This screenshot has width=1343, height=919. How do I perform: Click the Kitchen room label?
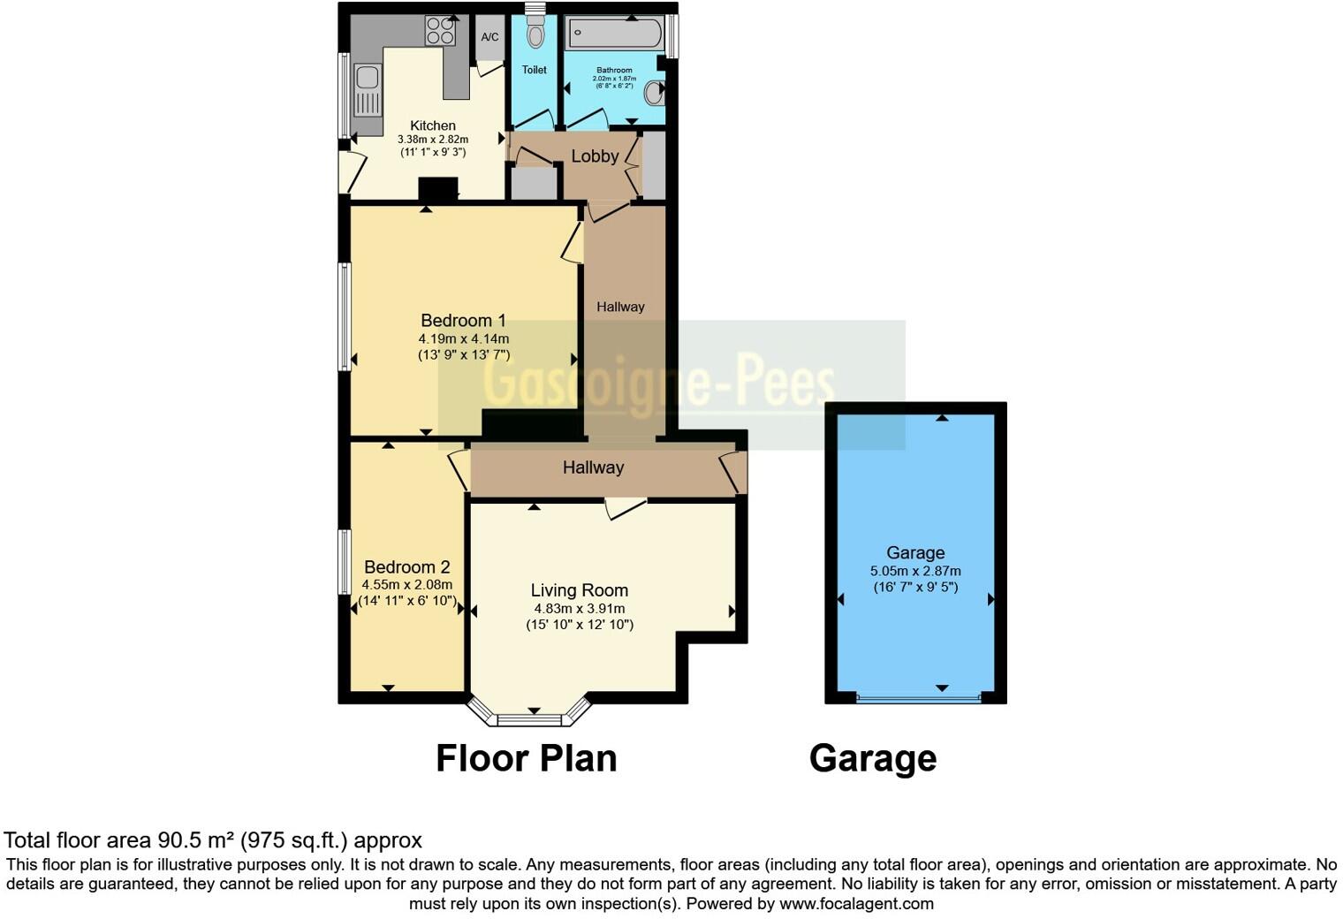coord(433,125)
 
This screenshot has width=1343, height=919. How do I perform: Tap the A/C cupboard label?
coord(489,37)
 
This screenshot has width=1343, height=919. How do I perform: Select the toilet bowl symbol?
coord(535,36)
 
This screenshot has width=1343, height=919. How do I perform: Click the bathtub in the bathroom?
coord(615,34)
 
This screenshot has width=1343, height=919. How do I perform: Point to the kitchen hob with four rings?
coord(440,32)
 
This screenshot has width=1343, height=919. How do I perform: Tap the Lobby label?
coord(595,156)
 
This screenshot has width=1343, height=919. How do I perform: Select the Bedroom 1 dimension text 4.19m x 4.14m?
coord(464,338)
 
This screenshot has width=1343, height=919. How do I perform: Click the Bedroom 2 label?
coord(407,567)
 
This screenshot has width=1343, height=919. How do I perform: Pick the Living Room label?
coord(580,590)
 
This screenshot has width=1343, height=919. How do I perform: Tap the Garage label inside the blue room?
coord(915,553)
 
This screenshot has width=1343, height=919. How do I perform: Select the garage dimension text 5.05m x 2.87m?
coord(915,571)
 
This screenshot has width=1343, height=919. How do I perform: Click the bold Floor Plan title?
coord(527,758)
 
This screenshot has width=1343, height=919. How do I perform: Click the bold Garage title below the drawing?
coord(873,758)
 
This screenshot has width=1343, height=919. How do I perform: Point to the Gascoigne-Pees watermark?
coord(659,384)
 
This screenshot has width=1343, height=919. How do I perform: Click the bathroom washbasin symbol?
coord(655,92)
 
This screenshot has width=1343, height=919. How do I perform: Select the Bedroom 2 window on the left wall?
coord(345,562)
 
